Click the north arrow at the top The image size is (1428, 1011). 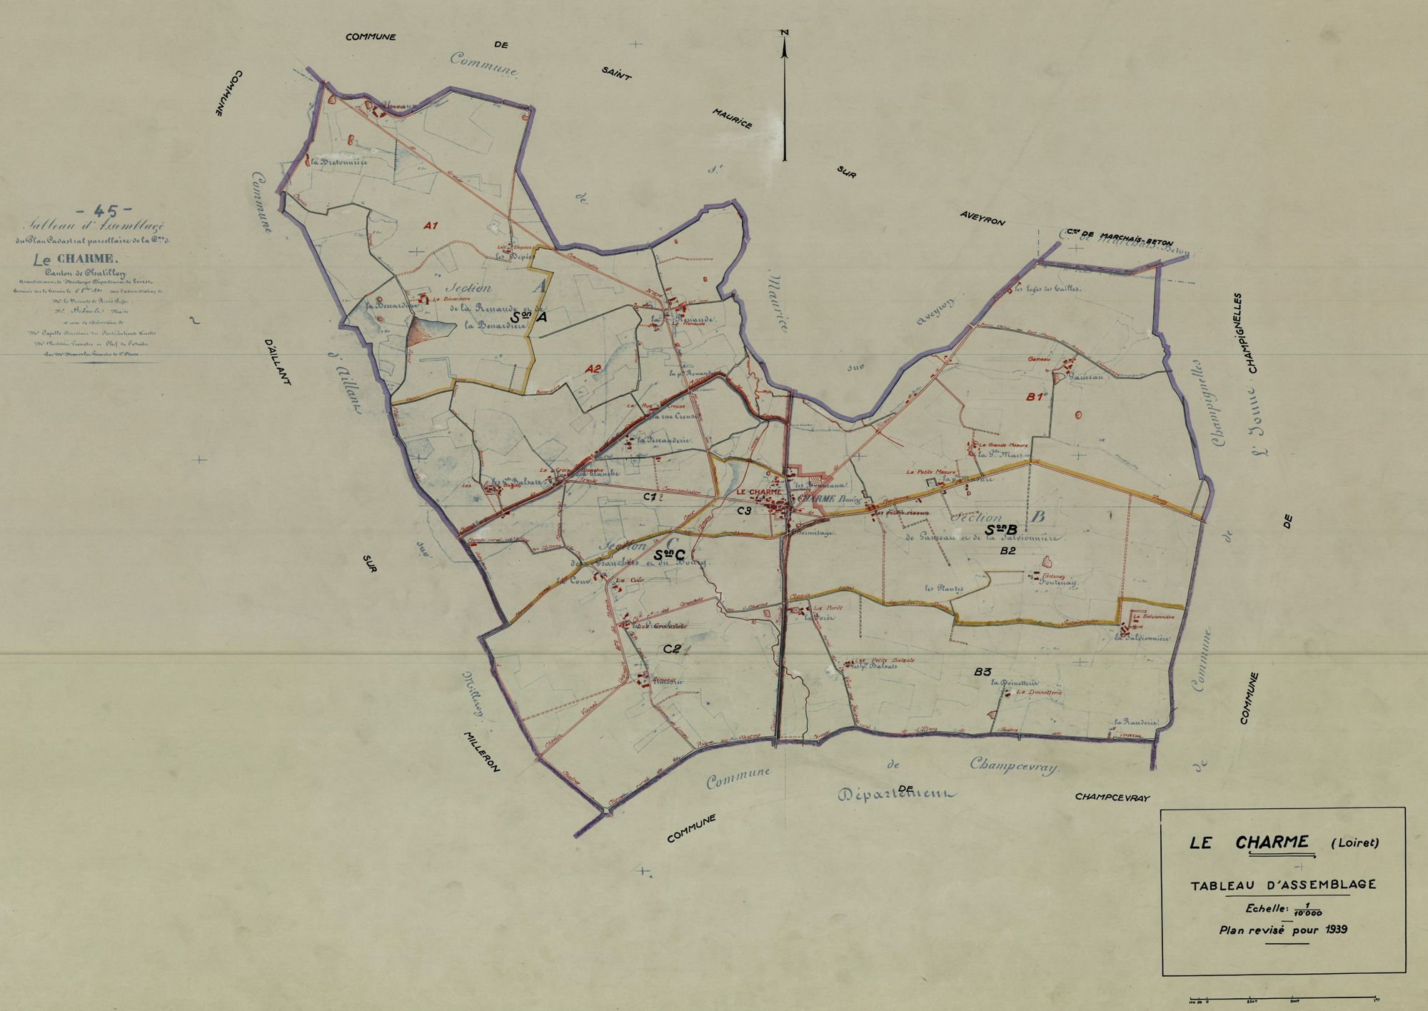(x=785, y=93)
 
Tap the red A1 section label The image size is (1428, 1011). (x=430, y=226)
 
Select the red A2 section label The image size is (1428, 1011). (x=593, y=368)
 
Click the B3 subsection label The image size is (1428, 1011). (x=983, y=672)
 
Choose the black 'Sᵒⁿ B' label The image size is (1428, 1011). (x=1000, y=530)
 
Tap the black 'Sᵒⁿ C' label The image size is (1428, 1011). (x=669, y=554)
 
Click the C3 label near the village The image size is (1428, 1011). (x=744, y=510)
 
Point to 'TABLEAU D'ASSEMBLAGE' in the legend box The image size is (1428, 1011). (x=1282, y=885)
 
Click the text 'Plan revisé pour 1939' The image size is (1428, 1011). (x=1283, y=930)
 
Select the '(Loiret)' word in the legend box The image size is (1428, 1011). (x=1355, y=842)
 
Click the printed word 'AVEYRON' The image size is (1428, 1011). (x=982, y=218)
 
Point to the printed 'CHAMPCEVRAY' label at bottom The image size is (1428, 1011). (x=1112, y=798)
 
